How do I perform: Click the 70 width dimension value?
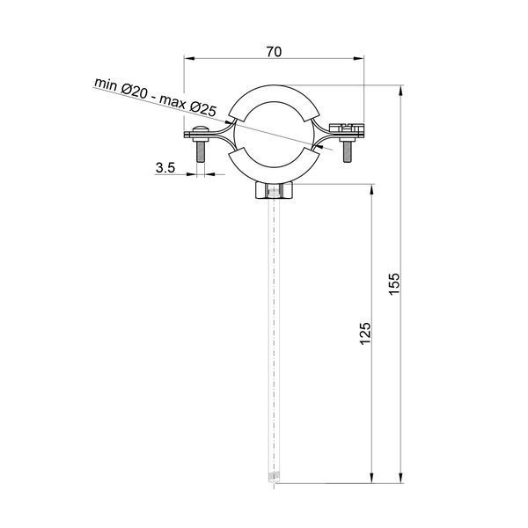click(x=274, y=52)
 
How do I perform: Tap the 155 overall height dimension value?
click(x=394, y=284)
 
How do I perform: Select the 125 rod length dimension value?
click(x=365, y=334)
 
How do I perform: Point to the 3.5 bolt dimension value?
click(x=165, y=167)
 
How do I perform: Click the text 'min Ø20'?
click(x=121, y=89)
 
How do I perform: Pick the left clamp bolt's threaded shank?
click(x=201, y=151)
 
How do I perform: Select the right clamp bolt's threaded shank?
click(x=348, y=151)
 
